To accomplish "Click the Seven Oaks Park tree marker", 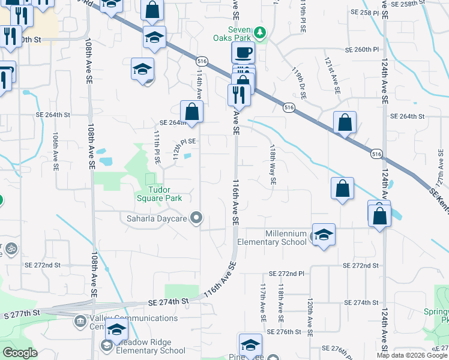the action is (x=259, y=31).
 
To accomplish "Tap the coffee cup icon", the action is (x=243, y=53).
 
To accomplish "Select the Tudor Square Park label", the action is (x=155, y=194).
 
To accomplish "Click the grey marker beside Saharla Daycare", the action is (x=196, y=218).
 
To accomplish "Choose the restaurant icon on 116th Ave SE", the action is (x=239, y=94).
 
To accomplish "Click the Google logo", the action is (x=20, y=353).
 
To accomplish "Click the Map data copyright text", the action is (x=412, y=355).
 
